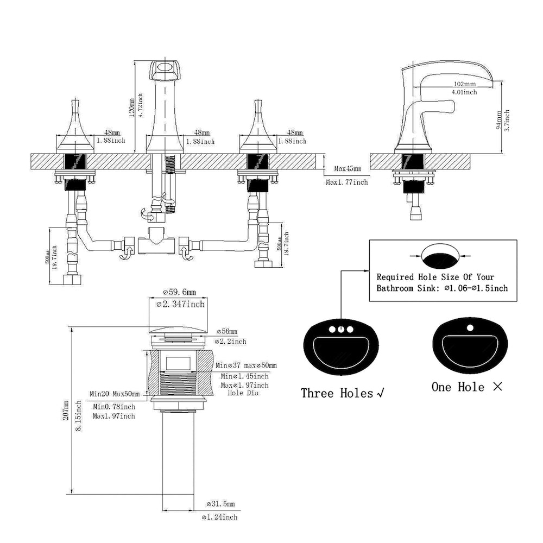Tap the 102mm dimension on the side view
(464, 84)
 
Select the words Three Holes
(337, 393)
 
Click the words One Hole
(458, 387)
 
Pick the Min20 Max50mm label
(115, 394)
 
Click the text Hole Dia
(243, 392)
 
